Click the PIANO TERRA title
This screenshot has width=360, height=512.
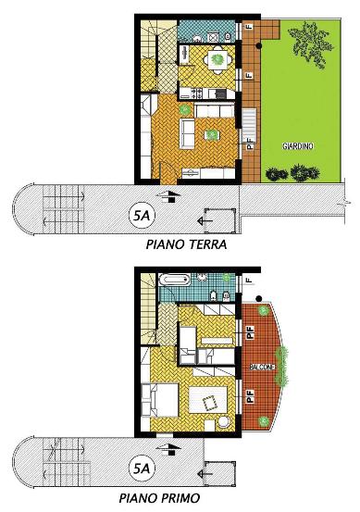[186, 244]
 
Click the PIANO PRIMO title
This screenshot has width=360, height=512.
[159, 498]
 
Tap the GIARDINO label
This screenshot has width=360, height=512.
[298, 146]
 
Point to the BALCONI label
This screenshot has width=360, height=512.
[262, 368]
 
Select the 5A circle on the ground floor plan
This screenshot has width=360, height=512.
[143, 215]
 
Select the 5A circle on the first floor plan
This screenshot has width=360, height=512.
[142, 468]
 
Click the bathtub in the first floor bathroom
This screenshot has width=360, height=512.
[174, 281]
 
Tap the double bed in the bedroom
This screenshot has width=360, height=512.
[160, 400]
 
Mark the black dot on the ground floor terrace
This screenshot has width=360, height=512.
[259, 46]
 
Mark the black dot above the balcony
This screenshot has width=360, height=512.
[259, 298]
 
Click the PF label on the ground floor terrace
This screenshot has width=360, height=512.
[250, 144]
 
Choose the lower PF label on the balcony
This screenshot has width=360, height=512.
[251, 395]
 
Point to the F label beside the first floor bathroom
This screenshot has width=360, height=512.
[250, 281]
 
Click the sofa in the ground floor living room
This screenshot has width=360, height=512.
[187, 133]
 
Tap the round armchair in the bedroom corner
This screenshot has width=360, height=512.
[224, 422]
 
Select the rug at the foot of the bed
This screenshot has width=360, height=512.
[208, 400]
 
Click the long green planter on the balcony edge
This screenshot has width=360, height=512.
[281, 366]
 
